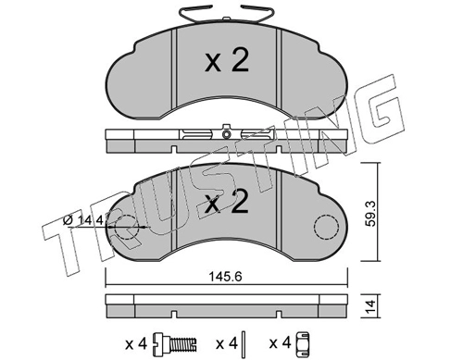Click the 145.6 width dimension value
225,277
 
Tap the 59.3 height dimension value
370,214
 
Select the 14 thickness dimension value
370,305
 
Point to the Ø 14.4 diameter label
83,220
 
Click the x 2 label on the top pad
227,61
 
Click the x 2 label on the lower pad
227,202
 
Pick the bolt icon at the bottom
175,343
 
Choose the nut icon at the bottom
303,342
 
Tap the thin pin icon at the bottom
244,342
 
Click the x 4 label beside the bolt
136,343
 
